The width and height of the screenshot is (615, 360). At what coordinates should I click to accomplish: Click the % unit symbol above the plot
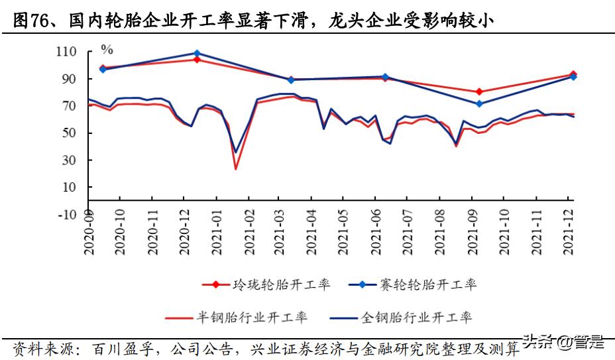(107, 49)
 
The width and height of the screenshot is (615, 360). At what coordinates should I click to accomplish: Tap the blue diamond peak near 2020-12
(197, 53)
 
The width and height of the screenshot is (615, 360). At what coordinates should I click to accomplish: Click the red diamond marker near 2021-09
(479, 92)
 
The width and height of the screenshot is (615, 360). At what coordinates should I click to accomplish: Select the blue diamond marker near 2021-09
(479, 103)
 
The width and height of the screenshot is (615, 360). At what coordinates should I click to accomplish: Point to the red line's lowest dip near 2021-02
(235, 168)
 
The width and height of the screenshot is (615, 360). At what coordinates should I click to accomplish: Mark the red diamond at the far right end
(573, 75)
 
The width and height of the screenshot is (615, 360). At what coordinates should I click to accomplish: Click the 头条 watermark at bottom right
(538, 342)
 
